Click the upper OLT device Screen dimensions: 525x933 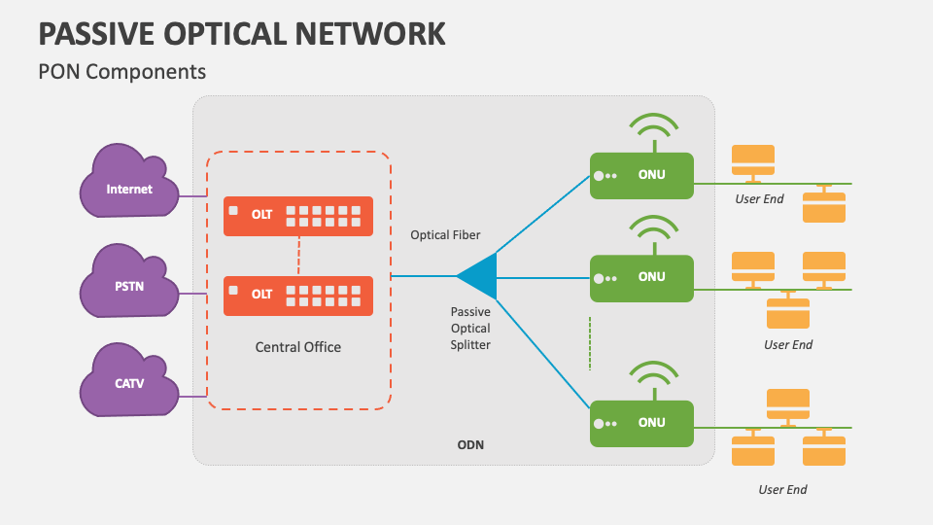pyautogui.click(x=298, y=216)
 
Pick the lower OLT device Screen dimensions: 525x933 pyautogui.click(x=298, y=296)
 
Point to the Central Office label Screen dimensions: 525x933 pyautogui.click(x=298, y=346)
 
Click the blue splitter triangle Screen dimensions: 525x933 pyautogui.click(x=480, y=276)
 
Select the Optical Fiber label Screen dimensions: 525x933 pyautogui.click(x=445, y=234)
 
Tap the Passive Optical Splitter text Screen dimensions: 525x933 pyautogui.click(x=470, y=329)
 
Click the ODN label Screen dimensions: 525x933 pyautogui.click(x=470, y=445)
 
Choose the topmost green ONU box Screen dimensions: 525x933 pyautogui.click(x=641, y=176)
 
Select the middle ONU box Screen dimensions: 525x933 pyautogui.click(x=641, y=278)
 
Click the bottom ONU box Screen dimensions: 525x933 pyautogui.click(x=641, y=423)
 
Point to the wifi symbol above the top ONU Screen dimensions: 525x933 pyautogui.click(x=652, y=129)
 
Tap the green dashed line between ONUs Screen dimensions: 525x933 pyautogui.click(x=590, y=342)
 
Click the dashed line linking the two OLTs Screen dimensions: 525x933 pyautogui.click(x=298, y=256)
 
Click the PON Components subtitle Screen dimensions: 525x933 pyautogui.click(x=121, y=71)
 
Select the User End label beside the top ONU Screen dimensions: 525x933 pyautogui.click(x=759, y=199)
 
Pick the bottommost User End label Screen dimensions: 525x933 pyautogui.click(x=783, y=489)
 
